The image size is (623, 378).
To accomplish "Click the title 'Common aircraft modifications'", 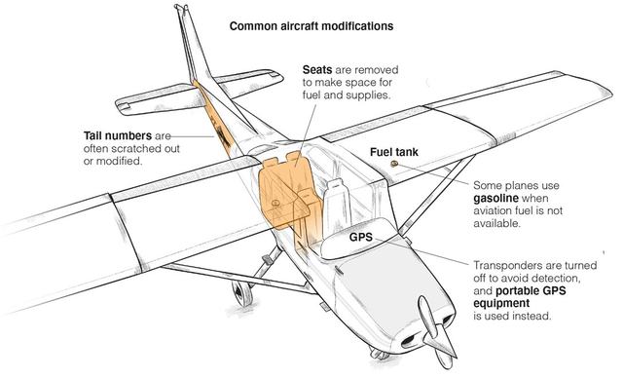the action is click(x=311, y=26).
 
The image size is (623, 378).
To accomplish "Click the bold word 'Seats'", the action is click(x=317, y=69).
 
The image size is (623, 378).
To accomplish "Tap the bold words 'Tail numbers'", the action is click(x=118, y=135).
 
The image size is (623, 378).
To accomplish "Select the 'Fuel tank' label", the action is click(x=394, y=152).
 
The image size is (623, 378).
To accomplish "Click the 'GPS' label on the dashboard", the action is click(x=361, y=238).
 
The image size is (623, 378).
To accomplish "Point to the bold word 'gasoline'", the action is click(x=495, y=199).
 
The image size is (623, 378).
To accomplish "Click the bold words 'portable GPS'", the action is click(x=531, y=290).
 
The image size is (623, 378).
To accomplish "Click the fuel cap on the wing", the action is click(x=394, y=164).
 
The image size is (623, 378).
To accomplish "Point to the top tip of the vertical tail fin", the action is click(x=181, y=7).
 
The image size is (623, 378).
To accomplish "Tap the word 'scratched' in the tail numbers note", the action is click(x=136, y=149).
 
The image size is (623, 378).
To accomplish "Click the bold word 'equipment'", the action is click(x=501, y=303).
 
